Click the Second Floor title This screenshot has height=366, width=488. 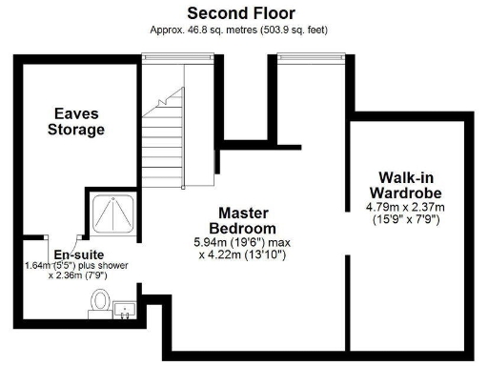pos(240,13)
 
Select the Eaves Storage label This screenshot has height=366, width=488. pos(76,122)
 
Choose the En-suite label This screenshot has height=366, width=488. pos(72,254)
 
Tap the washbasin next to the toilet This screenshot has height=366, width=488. pos(124,309)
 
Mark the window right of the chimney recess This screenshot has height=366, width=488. pos(305,59)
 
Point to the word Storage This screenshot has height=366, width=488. pos(76,130)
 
